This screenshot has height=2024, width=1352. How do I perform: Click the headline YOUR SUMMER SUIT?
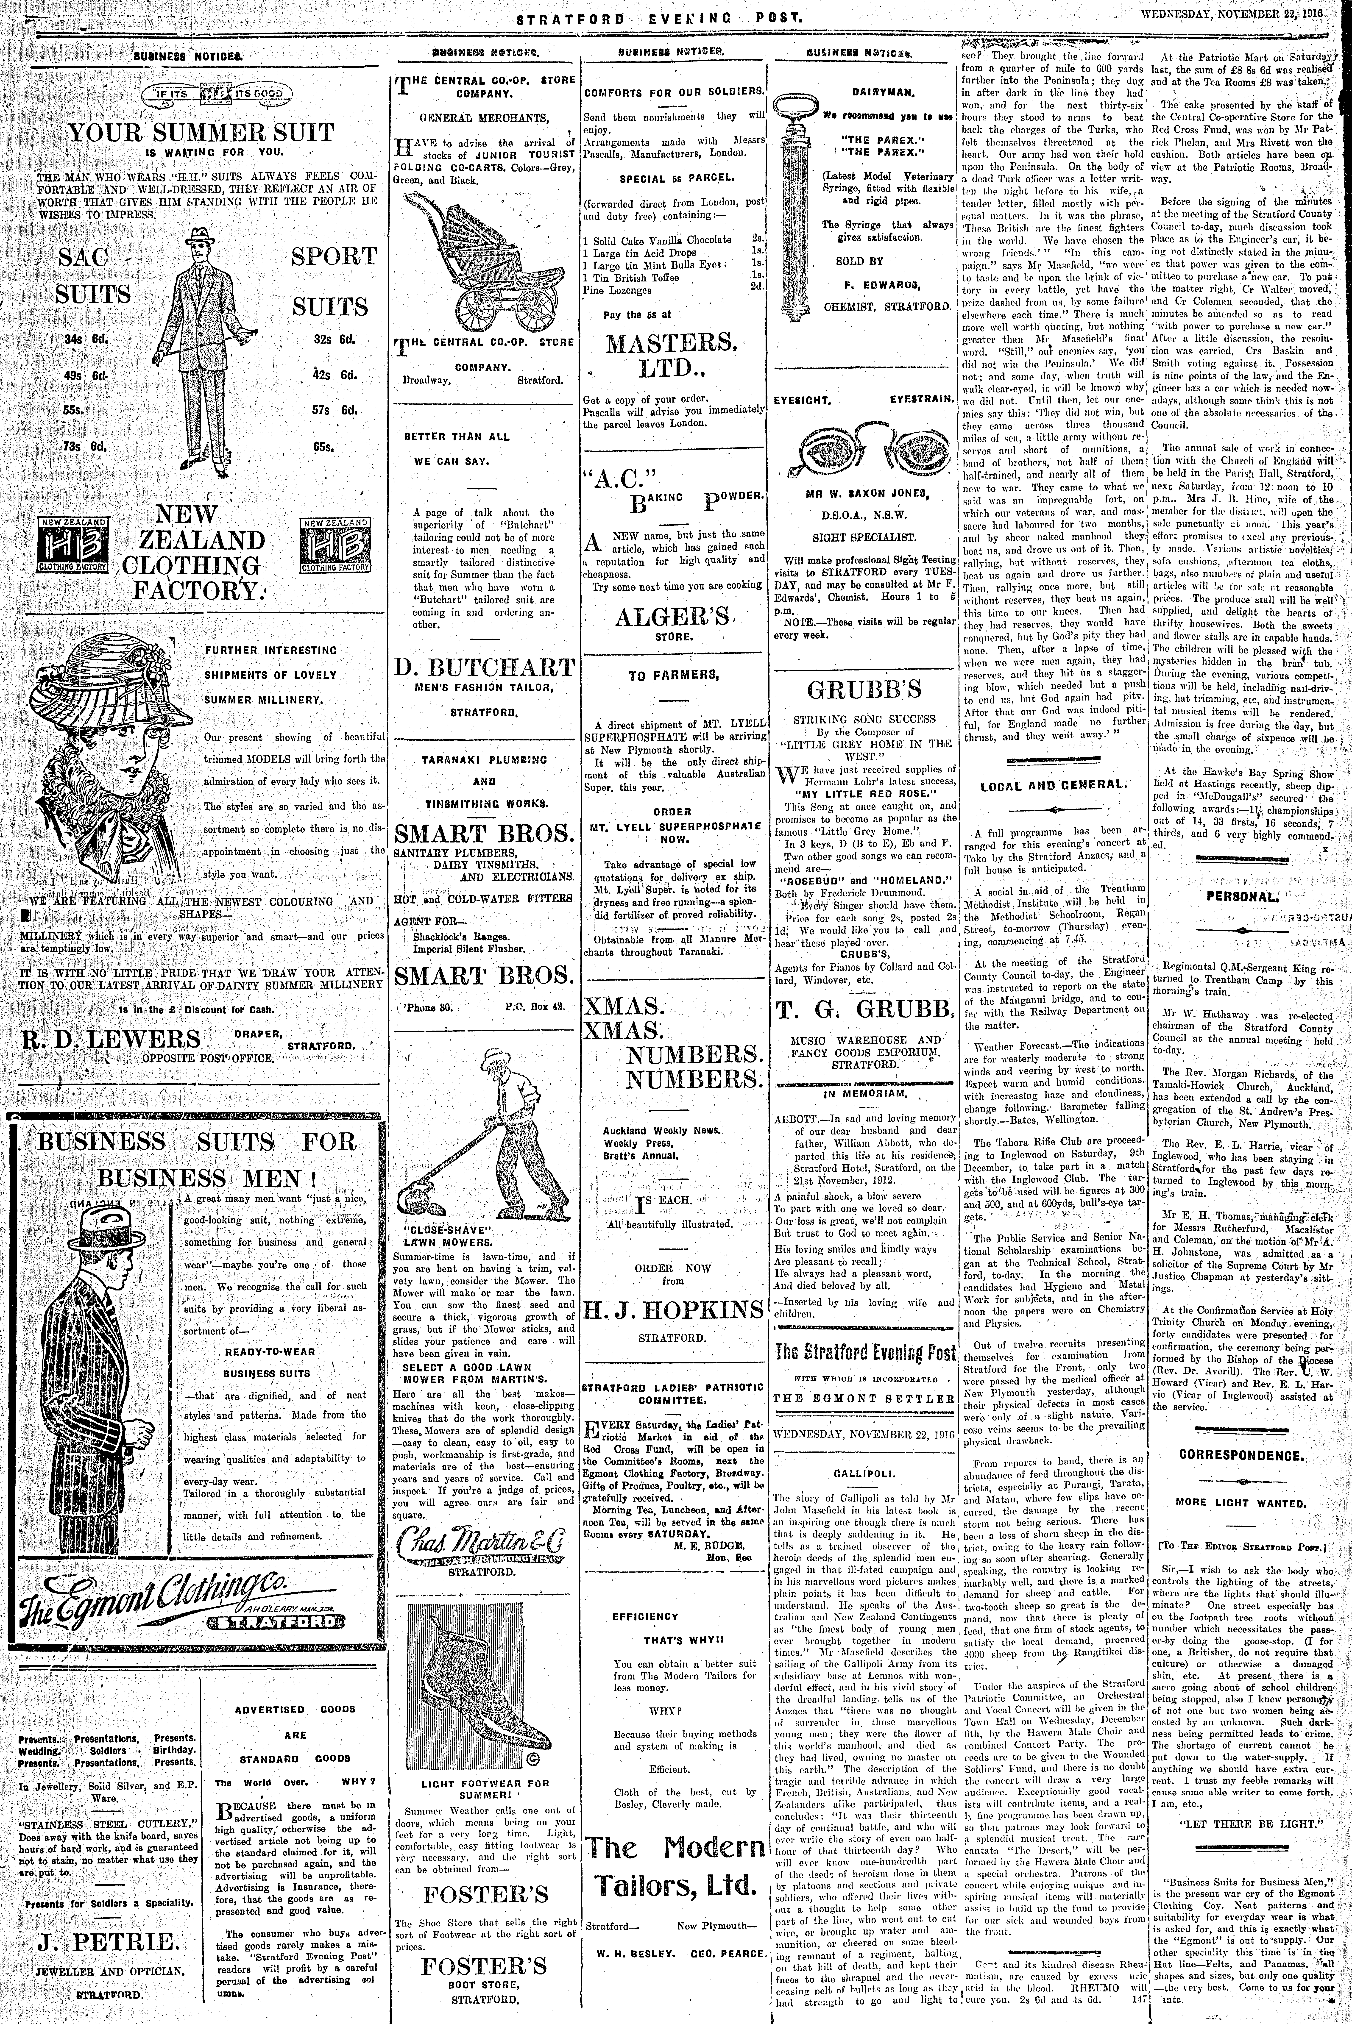pos(201,133)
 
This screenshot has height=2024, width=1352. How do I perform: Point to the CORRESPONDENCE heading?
pos(1241,1455)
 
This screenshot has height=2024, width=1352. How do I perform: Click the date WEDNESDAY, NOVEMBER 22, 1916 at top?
pos(1238,15)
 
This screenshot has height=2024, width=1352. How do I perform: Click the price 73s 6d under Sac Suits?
pos(84,446)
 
